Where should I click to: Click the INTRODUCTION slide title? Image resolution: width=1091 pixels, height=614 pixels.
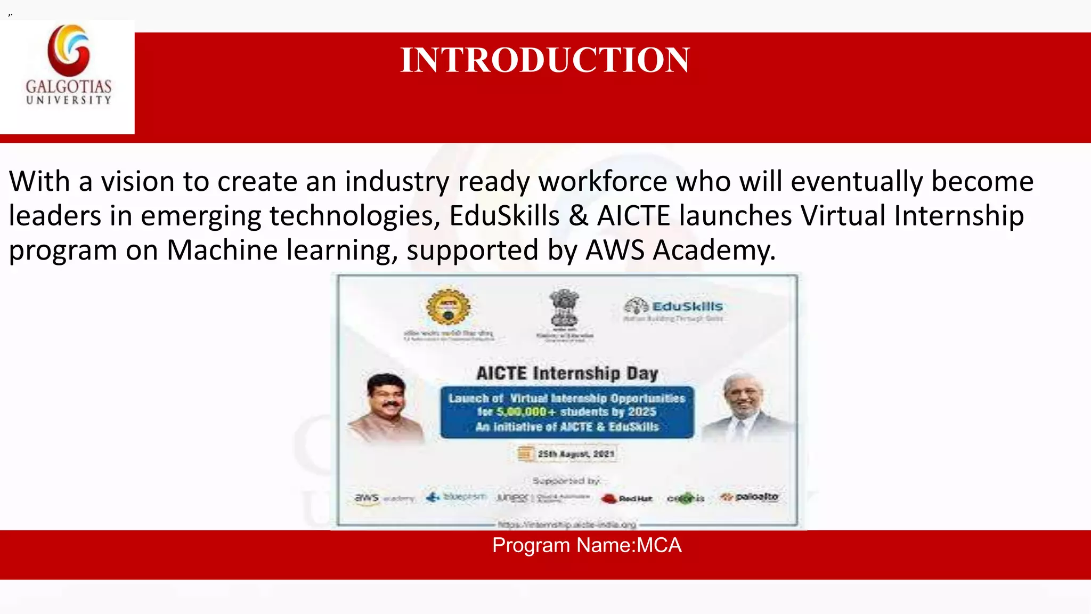[545, 60]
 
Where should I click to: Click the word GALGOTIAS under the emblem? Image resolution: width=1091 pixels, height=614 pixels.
[69, 86]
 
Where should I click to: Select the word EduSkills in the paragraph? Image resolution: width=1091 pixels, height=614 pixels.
[504, 216]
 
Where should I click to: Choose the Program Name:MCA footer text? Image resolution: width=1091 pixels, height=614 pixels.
[587, 545]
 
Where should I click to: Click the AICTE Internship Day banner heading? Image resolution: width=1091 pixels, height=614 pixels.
[567, 373]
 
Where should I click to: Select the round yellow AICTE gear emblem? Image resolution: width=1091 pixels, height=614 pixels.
[449, 308]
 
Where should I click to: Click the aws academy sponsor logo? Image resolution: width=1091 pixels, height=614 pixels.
[384, 498]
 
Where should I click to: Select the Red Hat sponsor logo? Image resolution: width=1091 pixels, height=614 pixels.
[626, 498]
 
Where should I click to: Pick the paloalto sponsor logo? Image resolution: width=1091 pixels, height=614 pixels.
[750, 497]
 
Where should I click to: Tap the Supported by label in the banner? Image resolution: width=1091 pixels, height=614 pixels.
[566, 481]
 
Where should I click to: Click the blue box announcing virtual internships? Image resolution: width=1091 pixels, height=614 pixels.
[567, 412]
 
